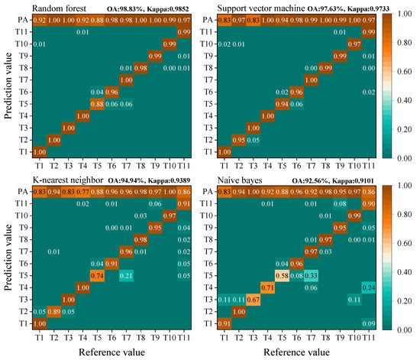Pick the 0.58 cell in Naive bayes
pyautogui.click(x=284, y=274)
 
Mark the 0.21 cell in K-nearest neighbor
pyautogui.click(x=130, y=274)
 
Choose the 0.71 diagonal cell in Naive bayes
pyautogui.click(x=268, y=287)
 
